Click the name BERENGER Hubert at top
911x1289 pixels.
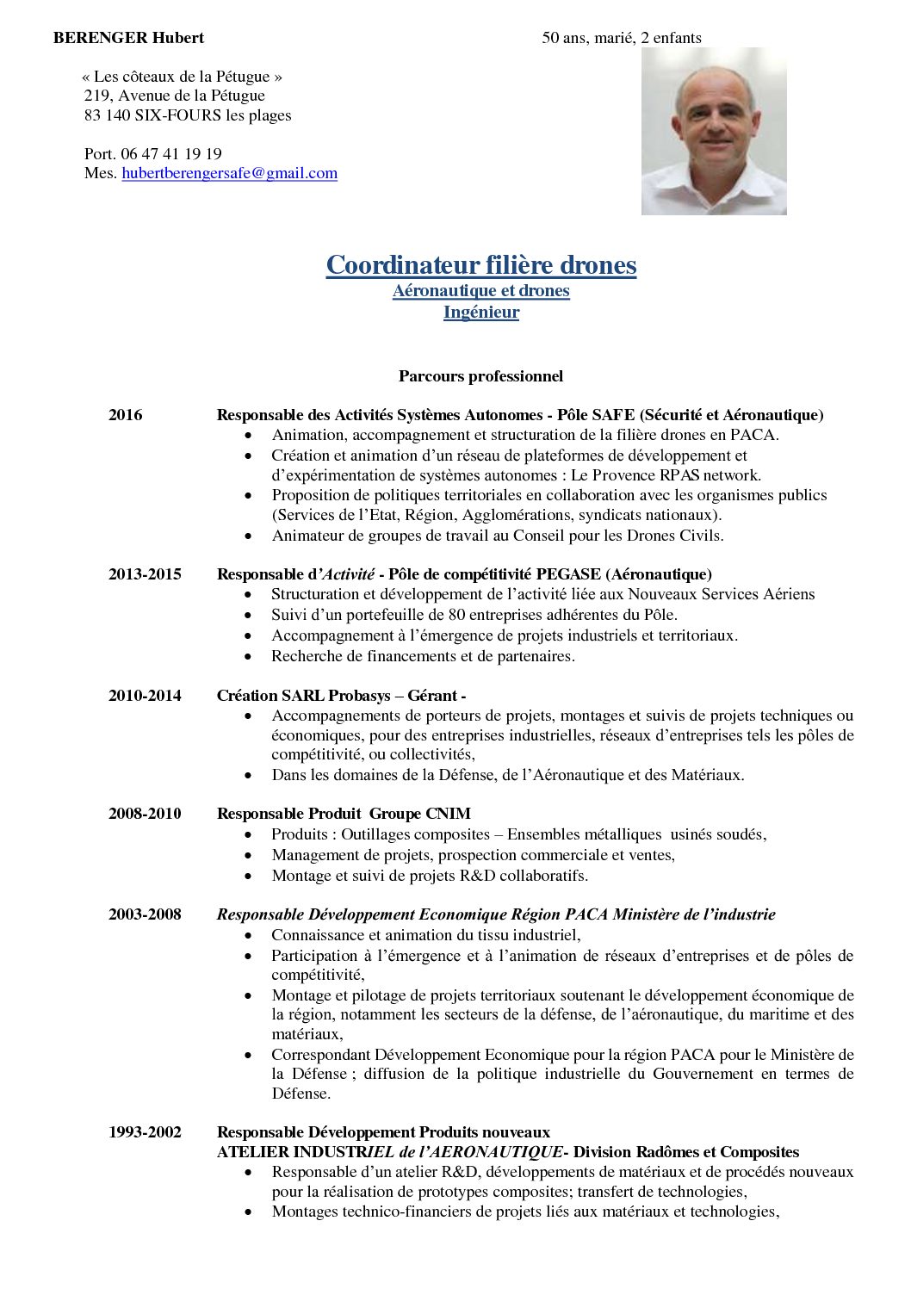coord(128,38)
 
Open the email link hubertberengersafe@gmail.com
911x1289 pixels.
coord(229,173)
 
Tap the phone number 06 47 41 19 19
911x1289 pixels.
coord(171,154)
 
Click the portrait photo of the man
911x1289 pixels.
coord(714,131)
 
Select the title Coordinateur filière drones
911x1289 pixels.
coord(481,265)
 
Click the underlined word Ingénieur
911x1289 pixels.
coord(481,313)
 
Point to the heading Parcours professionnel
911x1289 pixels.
coord(480,376)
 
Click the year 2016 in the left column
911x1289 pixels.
coord(126,415)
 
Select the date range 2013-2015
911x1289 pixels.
coord(145,574)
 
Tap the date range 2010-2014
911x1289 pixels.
coord(145,696)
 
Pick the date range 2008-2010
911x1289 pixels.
coord(145,814)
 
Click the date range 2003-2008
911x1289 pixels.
coord(145,914)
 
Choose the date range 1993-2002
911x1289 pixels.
coord(145,1132)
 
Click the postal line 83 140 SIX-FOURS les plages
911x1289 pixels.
coord(188,115)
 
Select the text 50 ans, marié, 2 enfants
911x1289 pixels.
coord(622,38)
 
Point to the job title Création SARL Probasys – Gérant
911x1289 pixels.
coord(341,696)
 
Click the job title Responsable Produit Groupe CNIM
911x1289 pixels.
coord(344,814)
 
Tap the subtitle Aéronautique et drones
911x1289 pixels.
coord(481,291)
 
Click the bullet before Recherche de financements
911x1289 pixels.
coord(249,657)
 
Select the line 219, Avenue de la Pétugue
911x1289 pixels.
coord(175,96)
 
